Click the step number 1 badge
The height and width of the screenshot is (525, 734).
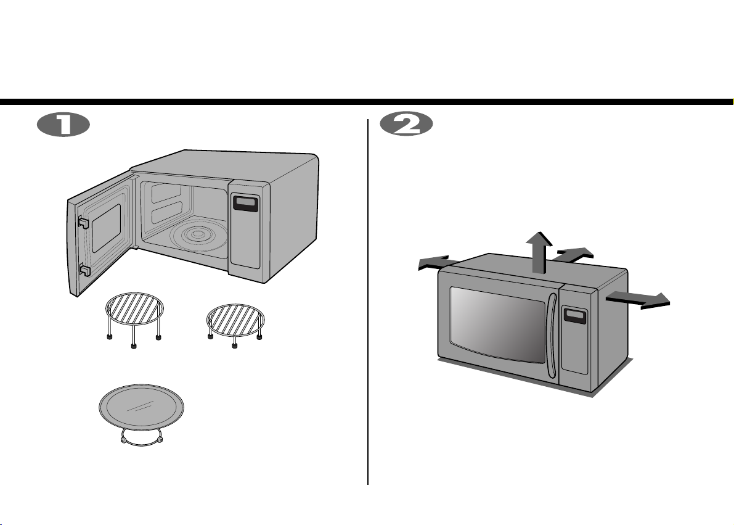pyautogui.click(x=63, y=125)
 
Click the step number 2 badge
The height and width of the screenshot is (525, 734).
pyautogui.click(x=406, y=125)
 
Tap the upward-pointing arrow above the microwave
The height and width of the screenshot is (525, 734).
pyautogui.click(x=539, y=252)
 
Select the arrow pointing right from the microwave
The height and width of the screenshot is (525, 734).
pyautogui.click(x=638, y=300)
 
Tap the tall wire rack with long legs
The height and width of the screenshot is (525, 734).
pyautogui.click(x=134, y=320)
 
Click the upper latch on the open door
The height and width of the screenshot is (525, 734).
pyautogui.click(x=83, y=222)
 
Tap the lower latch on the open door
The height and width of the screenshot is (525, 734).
pyautogui.click(x=84, y=270)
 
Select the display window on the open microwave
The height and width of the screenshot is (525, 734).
pyautogui.click(x=246, y=203)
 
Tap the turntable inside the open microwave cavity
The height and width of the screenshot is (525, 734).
pyautogui.click(x=199, y=234)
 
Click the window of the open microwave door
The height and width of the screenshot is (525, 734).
pyautogui.click(x=106, y=228)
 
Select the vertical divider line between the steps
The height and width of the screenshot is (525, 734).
pyautogui.click(x=368, y=302)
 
